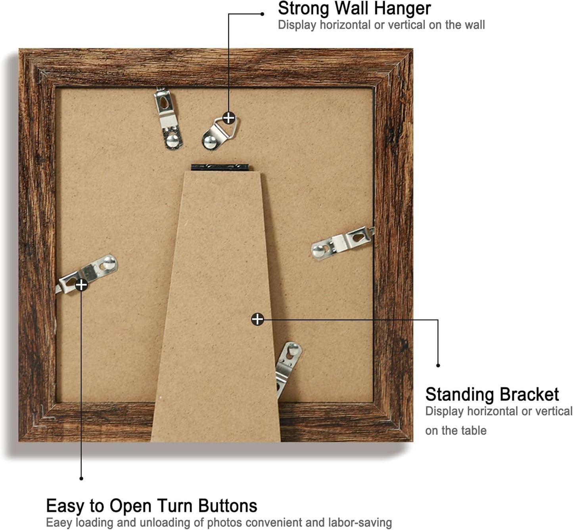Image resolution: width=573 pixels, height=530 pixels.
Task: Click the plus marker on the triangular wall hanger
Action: click(229, 118)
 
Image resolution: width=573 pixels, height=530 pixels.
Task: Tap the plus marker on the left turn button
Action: click(81, 285)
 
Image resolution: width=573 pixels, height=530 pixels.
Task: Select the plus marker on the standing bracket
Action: click(257, 319)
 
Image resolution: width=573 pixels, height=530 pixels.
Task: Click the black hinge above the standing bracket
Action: click(220, 167)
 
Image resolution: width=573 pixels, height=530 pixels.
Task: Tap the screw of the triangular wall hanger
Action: click(209, 141)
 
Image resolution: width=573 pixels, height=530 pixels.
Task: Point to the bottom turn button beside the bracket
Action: click(288, 367)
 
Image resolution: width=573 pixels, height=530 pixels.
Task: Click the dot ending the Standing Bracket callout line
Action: click(438, 365)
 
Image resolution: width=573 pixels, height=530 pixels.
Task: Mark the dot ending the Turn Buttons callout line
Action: click(81, 478)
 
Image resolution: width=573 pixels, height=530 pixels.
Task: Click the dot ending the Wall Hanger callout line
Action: click(262, 14)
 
